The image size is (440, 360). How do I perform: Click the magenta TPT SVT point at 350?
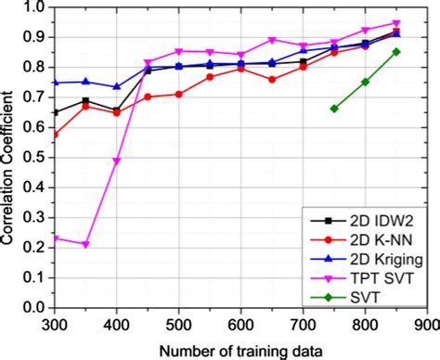(85, 244)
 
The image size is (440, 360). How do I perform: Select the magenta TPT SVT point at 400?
(117, 161)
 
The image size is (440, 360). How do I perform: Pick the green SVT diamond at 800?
(366, 82)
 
